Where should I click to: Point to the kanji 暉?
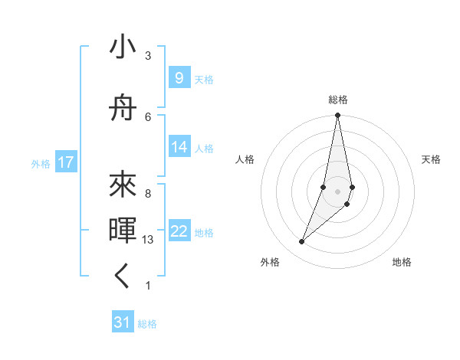[x=123, y=230]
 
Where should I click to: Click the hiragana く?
[x=123, y=277]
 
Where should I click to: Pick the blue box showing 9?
[x=179, y=78]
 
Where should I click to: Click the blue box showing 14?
[x=179, y=148]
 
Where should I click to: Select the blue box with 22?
[x=179, y=232]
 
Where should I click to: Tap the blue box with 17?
[x=65, y=162]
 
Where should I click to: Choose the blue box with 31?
[x=123, y=323]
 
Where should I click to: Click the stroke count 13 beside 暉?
[x=149, y=240]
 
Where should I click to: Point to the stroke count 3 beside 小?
[x=148, y=56]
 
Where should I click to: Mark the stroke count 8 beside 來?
[x=148, y=194]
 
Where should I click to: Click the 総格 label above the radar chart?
[x=338, y=100]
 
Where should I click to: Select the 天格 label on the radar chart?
[x=432, y=159]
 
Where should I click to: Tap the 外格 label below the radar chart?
[x=270, y=263]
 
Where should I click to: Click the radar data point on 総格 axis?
[x=337, y=116]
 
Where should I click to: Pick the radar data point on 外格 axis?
[x=301, y=242]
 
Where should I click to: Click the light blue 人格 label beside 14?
[x=204, y=149]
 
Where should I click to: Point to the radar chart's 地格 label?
[x=402, y=263]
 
